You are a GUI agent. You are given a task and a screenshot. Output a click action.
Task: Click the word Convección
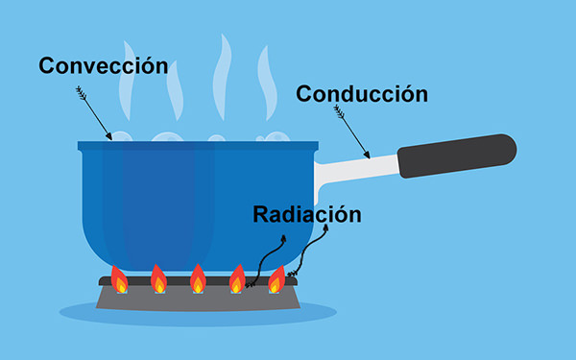click(x=103, y=66)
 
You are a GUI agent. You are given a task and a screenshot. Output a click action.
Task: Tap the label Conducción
click(x=361, y=94)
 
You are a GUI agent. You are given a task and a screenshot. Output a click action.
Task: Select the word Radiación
click(x=307, y=214)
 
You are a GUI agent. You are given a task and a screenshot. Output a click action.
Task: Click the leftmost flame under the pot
click(x=119, y=279)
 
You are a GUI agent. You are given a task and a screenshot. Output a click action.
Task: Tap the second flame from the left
click(x=158, y=279)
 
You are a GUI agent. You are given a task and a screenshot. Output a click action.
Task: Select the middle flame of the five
click(x=198, y=279)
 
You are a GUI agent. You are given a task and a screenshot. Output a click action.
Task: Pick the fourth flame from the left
click(x=237, y=279)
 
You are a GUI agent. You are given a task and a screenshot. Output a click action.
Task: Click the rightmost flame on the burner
click(x=276, y=279)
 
